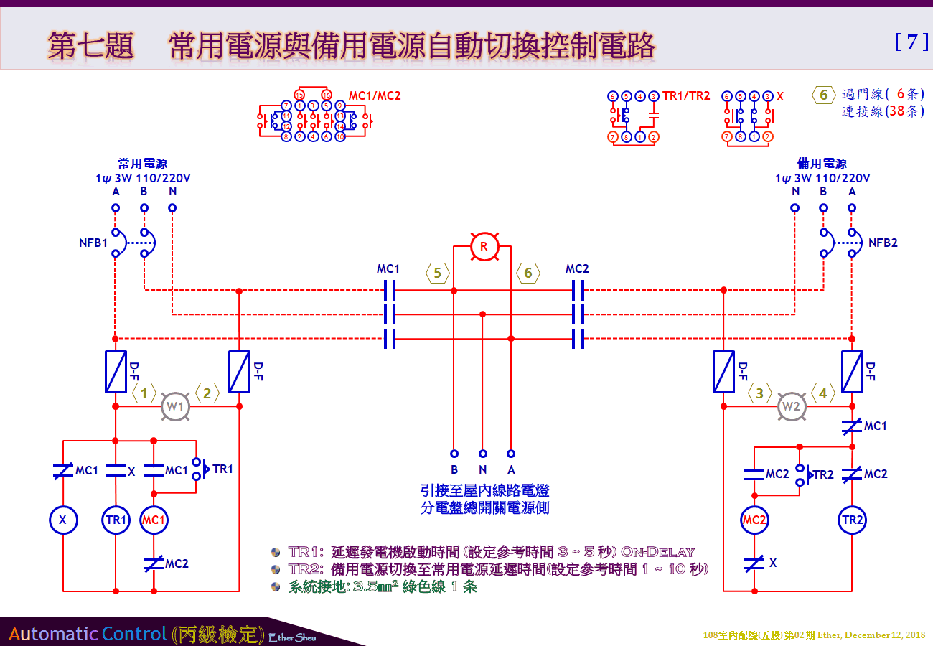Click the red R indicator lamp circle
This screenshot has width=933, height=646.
pos(484,247)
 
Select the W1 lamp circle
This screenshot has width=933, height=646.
pos(176,406)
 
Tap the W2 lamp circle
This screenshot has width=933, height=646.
pos(791,406)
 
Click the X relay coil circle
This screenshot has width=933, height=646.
pos(63,520)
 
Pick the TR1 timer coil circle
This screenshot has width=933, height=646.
pos(116,520)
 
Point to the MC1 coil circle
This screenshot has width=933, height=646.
pos(154,520)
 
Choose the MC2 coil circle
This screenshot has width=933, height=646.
pos(754,520)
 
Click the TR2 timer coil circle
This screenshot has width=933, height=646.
pos(852,520)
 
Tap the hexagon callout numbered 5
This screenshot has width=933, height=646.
pos(438,273)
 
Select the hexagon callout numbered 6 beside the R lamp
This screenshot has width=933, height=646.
pos(528,273)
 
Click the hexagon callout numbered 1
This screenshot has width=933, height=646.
pos(144,393)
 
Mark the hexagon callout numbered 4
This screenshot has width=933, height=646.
pos(823,393)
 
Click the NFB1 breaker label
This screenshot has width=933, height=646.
pos(93,243)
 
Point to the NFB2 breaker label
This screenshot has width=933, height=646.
pos(883,243)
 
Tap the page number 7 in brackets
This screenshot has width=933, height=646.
pos(911,42)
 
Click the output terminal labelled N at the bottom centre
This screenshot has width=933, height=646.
pos(483,454)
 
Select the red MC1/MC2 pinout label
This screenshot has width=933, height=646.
pos(375,95)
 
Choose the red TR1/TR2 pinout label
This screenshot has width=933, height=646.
pos(686,95)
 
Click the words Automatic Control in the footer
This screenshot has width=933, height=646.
pos(89,634)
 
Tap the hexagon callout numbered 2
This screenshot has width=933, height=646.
pos(207,393)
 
